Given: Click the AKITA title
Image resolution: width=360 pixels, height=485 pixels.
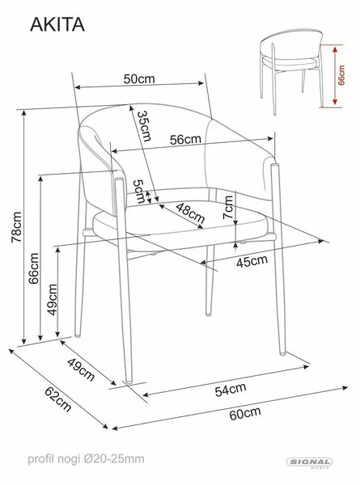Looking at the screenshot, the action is [57, 24].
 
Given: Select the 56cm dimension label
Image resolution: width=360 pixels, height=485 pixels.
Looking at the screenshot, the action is [185, 140].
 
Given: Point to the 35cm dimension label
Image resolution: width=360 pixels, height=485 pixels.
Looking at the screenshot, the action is [145, 126].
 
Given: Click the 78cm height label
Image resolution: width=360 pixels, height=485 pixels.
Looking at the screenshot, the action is [17, 227].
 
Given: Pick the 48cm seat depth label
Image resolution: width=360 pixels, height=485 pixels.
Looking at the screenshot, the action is [190, 213].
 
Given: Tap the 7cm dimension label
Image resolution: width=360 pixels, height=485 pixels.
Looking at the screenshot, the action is [228, 207].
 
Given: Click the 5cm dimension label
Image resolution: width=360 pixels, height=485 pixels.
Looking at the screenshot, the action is [139, 192].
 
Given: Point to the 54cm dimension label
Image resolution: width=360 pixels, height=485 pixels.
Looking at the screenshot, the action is [231, 390].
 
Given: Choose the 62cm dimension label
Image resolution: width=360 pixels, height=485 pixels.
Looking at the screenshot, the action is [58, 399].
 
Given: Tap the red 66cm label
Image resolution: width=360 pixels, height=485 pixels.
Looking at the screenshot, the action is [341, 75].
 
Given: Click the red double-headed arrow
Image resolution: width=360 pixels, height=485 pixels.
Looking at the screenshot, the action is [334, 76].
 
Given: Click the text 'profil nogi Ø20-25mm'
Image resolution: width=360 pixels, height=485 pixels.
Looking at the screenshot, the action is [86, 458].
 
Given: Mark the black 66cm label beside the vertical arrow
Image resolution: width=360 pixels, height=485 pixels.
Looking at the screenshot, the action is [34, 268].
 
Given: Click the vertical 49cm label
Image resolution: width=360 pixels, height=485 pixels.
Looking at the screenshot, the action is [53, 300].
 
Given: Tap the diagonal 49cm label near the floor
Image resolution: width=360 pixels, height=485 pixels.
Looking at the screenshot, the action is [81, 369].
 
